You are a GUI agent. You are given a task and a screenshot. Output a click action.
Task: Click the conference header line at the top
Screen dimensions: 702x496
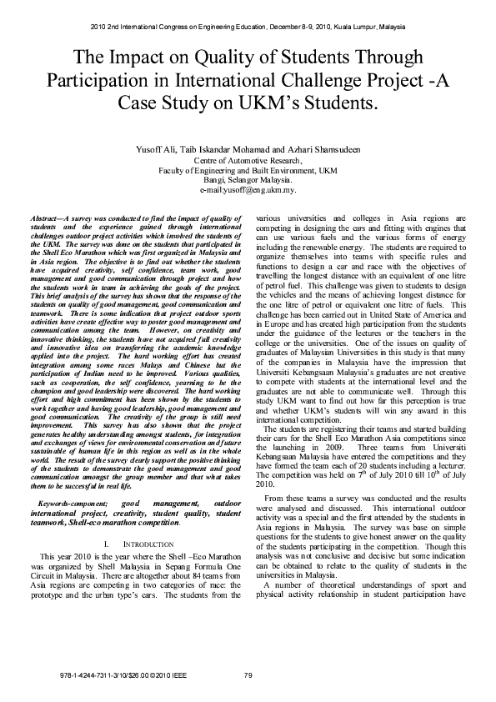click(x=248, y=27)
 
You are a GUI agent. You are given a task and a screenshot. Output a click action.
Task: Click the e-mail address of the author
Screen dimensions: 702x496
click(x=248, y=189)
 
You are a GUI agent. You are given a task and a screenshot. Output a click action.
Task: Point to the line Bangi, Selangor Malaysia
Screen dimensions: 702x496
click(x=248, y=179)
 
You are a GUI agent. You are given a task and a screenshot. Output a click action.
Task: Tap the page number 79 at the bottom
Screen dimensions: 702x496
click(x=248, y=674)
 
